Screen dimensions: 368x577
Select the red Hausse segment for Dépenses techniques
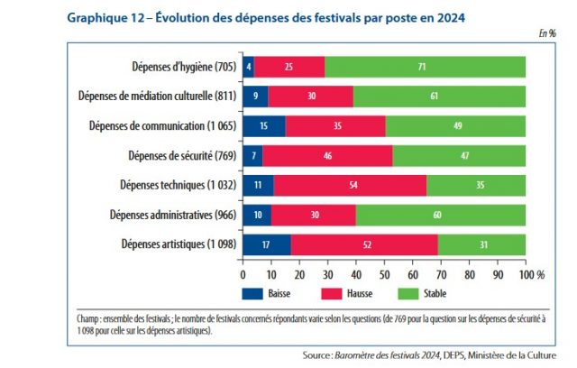tap(350, 185)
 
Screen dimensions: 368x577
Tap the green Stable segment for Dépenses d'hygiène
tap(425, 67)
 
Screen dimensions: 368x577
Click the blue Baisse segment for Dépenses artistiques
tap(267, 244)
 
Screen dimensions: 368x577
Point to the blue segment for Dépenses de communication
tap(264, 125)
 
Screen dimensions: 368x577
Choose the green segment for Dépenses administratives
tap(441, 215)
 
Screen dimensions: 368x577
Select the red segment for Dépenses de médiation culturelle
tap(311, 97)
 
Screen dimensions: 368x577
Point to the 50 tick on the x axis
tap(385, 272)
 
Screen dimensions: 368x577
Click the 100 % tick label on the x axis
tap(532, 272)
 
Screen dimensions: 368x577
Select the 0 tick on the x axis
tap(243, 272)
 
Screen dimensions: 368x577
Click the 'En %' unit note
tap(546, 33)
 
